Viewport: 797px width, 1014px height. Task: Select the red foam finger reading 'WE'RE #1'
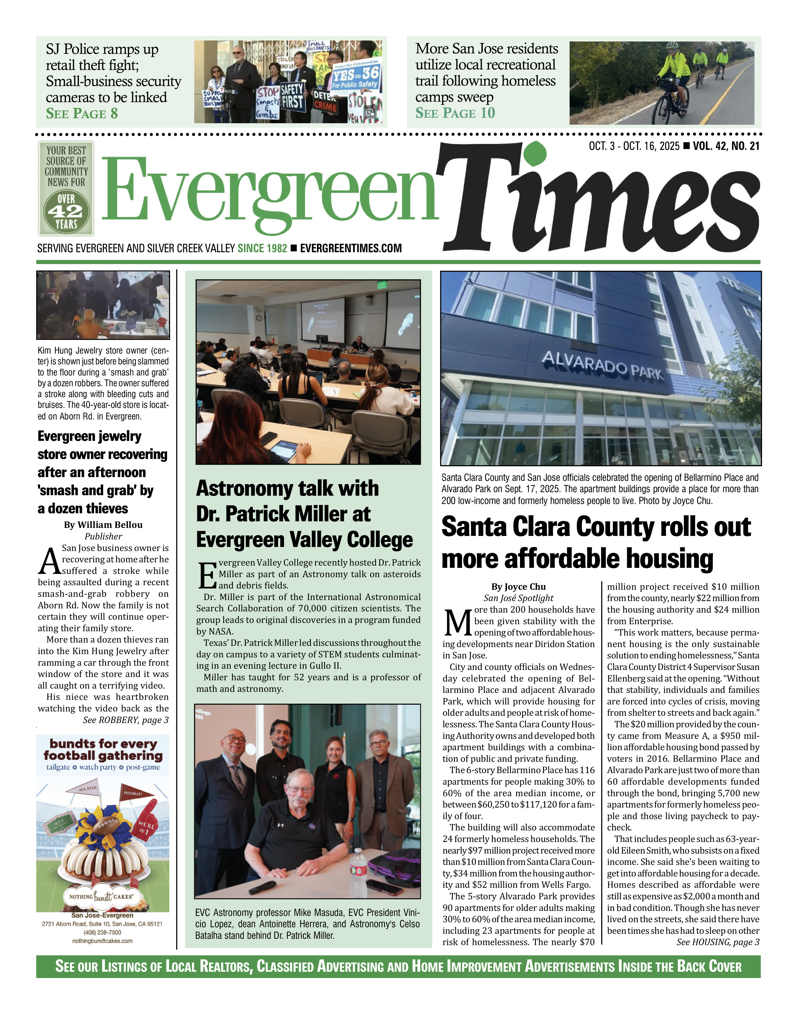(x=146, y=824)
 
